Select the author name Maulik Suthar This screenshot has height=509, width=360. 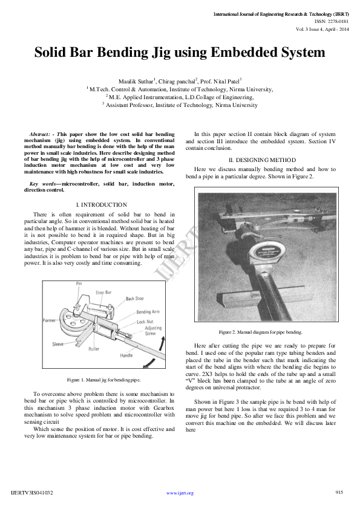tap(136, 80)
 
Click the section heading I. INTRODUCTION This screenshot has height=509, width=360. tap(102, 205)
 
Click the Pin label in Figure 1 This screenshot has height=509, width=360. tap(79, 283)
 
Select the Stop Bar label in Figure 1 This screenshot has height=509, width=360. tap(104, 292)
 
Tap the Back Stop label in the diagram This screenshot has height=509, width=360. tap(134, 299)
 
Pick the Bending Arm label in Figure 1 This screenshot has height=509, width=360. tap(148, 312)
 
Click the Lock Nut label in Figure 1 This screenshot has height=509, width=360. tap(145, 322)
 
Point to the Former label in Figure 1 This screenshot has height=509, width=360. tap(50, 320)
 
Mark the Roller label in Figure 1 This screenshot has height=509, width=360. tap(94, 349)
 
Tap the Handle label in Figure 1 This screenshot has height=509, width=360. tap(126, 355)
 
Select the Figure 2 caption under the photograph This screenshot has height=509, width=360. tap(260, 332)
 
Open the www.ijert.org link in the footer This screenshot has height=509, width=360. tap(180, 493)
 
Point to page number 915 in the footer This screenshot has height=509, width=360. tap(339, 493)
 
